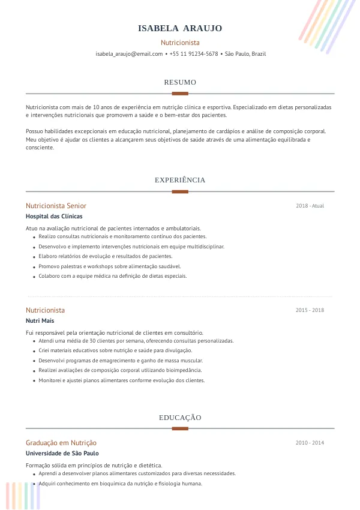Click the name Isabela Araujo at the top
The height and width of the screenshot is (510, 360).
coord(180,28)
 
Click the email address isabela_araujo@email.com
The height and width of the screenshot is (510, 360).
coord(129,54)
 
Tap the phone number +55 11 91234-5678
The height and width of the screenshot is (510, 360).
coord(194,54)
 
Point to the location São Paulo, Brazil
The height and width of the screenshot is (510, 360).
coord(245,54)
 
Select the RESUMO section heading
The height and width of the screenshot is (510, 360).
coord(180,82)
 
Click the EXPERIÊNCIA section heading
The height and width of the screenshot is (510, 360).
coord(180,180)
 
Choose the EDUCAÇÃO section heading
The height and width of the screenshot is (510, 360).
coord(180,418)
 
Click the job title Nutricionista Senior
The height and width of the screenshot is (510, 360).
coord(56,206)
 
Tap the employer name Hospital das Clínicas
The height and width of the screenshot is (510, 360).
coord(54,217)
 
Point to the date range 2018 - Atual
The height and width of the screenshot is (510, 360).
coord(310,206)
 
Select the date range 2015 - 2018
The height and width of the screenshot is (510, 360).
coord(310,310)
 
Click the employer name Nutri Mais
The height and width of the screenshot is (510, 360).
coord(40,321)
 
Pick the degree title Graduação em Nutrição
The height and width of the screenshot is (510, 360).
coord(61,443)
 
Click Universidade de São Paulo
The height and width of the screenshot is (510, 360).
coord(62,454)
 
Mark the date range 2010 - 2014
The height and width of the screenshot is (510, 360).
coord(310,443)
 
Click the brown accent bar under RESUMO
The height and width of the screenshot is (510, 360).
coord(180,94)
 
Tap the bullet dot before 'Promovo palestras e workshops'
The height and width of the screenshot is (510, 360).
coord(33,266)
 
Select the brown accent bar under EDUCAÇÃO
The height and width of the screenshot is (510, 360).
coord(180,428)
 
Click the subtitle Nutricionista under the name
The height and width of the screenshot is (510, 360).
coord(180,43)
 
